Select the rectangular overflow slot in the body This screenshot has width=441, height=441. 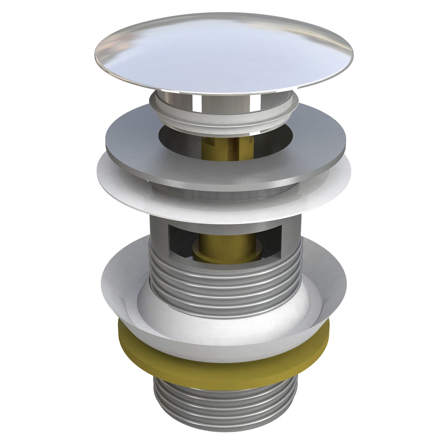(x=223, y=241)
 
